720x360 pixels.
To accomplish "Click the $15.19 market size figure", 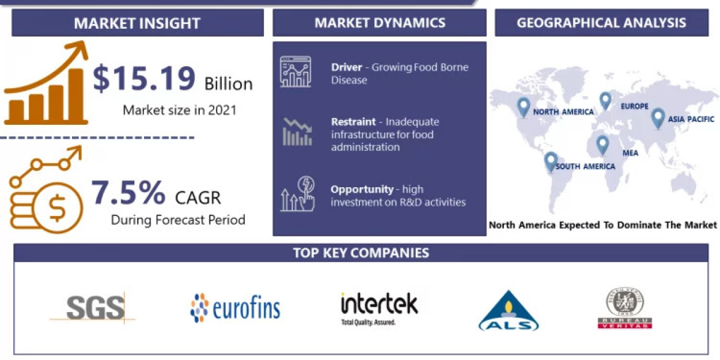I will click(x=144, y=79).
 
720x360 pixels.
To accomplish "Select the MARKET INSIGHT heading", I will click(x=137, y=23).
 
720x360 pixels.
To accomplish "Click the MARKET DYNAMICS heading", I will click(x=380, y=23).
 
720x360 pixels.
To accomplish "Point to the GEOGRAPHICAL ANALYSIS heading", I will click(x=601, y=23).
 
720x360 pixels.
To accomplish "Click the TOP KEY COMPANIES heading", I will click(x=361, y=253).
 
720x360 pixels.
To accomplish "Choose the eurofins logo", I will click(x=235, y=308).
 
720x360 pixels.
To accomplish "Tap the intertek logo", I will click(x=379, y=307).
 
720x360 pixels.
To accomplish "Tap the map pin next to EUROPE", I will click(x=605, y=101).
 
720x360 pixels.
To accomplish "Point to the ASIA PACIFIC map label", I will click(x=691, y=119).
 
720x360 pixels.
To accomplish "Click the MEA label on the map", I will click(x=630, y=153).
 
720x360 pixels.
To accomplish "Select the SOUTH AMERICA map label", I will click(x=585, y=166).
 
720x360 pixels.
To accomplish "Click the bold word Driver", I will click(x=347, y=67).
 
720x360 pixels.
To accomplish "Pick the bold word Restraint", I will click(x=353, y=122).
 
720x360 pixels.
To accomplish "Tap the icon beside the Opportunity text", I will click(x=298, y=193).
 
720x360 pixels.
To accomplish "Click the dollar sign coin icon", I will click(x=58, y=208).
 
